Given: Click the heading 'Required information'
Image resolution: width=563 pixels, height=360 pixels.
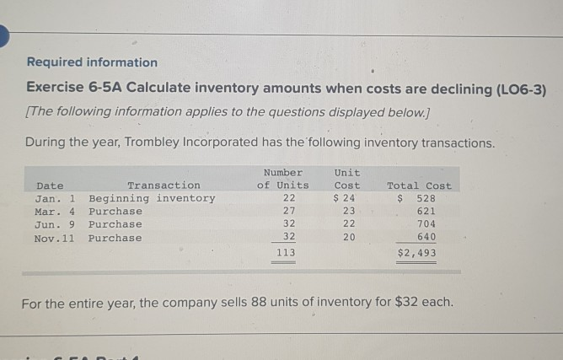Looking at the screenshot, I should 92,62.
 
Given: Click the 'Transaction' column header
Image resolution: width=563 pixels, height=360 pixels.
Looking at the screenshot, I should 164,185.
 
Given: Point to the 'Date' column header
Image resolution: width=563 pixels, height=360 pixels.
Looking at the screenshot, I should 50,185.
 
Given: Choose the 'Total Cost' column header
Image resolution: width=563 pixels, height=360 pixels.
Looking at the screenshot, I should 419,185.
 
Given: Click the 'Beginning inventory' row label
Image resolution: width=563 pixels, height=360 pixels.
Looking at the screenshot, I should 152,198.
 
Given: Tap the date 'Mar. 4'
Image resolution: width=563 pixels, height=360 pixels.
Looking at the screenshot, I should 56,212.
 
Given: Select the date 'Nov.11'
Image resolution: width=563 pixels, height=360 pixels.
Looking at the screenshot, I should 56,238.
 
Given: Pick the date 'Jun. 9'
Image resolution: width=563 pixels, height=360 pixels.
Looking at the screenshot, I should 56,224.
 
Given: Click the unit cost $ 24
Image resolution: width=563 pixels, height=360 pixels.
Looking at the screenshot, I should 346,198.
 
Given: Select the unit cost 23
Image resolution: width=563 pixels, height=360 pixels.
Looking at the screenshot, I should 349,212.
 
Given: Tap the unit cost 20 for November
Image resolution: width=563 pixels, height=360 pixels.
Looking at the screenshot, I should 349,238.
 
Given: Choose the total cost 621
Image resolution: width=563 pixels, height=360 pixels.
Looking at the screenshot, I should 426,212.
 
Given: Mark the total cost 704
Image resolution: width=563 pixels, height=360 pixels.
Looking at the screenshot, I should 426,224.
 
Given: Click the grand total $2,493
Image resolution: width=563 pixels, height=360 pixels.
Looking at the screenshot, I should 416,252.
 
